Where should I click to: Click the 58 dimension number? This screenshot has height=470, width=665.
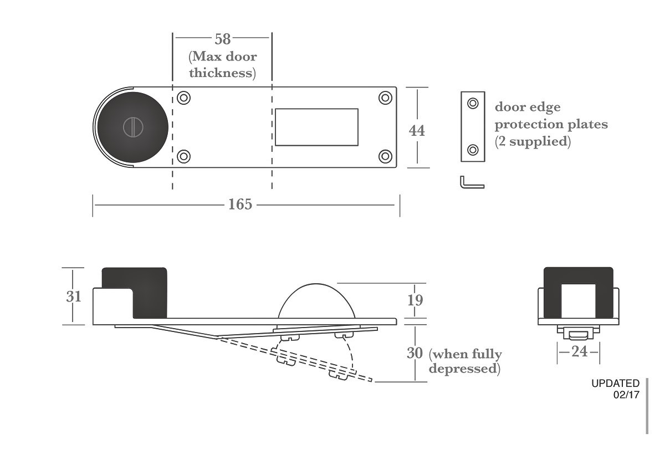[223, 39]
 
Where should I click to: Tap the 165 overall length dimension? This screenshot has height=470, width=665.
[240, 205]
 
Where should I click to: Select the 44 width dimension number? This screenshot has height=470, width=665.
[417, 131]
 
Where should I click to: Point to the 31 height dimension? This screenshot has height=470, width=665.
[74, 297]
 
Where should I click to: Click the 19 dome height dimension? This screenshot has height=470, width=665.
[415, 300]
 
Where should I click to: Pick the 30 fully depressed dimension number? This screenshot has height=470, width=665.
[415, 353]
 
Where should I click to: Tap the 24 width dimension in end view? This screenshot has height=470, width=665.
[579, 352]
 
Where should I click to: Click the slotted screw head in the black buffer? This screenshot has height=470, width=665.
[134, 127]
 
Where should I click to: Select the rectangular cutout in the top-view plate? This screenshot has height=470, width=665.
[317, 127]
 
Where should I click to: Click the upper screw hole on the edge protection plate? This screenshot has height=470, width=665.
[473, 103]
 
